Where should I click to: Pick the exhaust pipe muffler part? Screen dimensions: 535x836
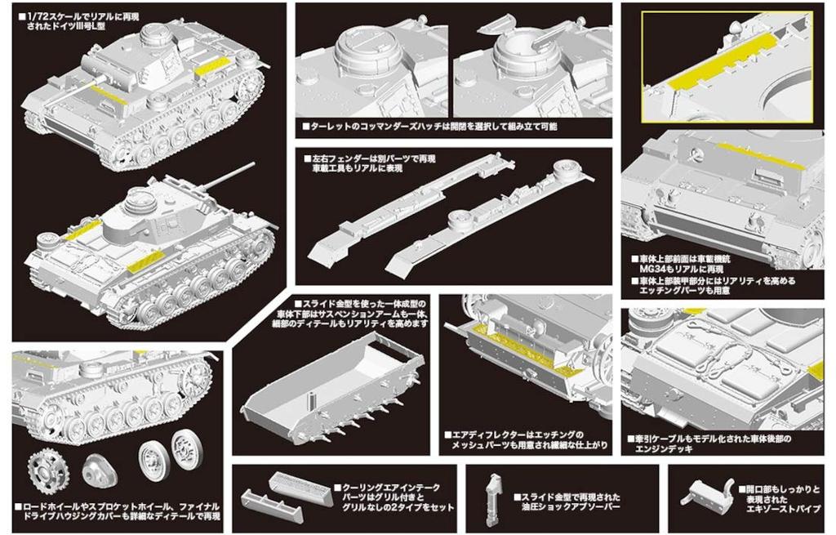pyautogui.click(x=707, y=495)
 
